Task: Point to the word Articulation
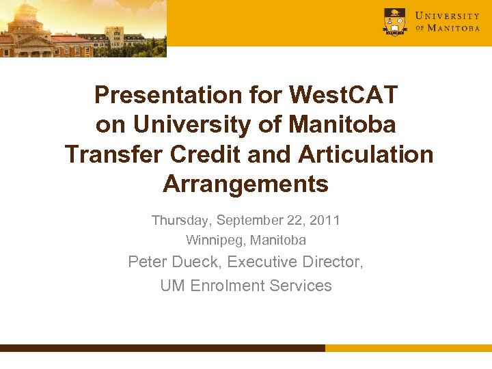[x=366, y=154]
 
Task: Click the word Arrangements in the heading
[x=246, y=184]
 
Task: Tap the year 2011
[x=325, y=221]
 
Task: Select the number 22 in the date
[x=295, y=221]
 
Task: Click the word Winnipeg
[x=215, y=241]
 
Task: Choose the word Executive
[x=262, y=262]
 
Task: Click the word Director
[x=333, y=262]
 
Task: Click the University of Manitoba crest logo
[x=394, y=21]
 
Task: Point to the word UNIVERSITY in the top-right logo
[x=448, y=15]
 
